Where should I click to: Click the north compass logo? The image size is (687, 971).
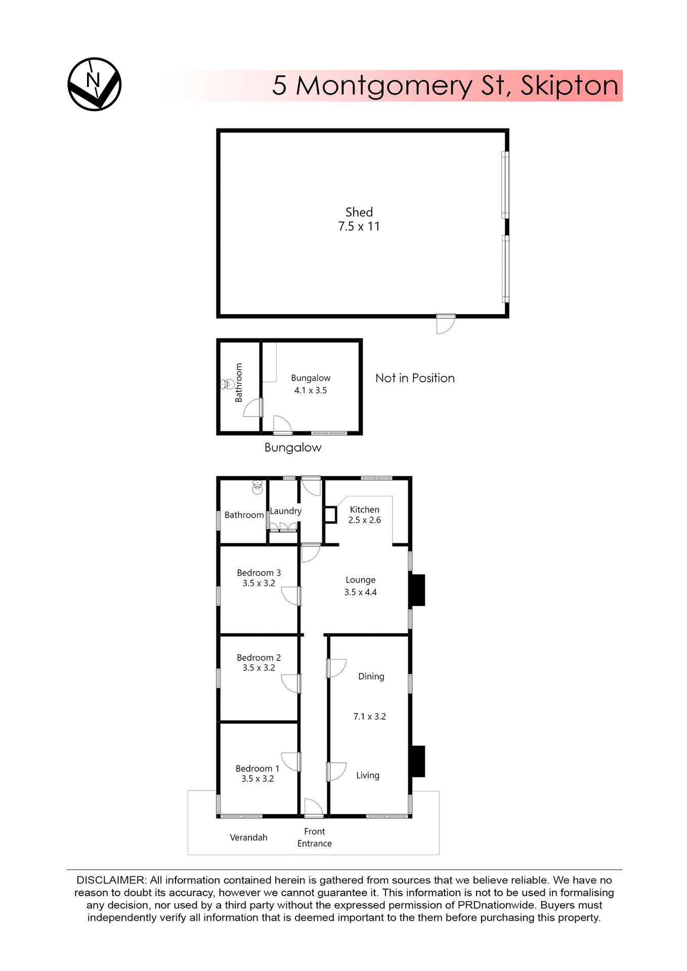click(94, 84)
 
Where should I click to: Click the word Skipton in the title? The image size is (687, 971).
click(569, 85)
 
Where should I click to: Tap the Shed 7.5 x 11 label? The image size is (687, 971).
click(359, 219)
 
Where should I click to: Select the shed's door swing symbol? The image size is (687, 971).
click(445, 325)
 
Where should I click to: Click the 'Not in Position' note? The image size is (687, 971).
click(414, 378)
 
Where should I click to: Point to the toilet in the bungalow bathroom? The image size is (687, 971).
click(227, 384)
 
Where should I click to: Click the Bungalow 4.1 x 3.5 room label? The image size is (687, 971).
click(310, 384)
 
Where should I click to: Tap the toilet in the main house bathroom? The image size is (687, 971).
click(257, 488)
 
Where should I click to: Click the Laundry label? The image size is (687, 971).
click(285, 511)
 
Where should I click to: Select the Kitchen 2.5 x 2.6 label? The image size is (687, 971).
click(364, 515)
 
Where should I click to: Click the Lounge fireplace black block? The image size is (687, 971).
click(417, 590)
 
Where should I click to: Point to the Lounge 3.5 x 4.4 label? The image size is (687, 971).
click(360, 586)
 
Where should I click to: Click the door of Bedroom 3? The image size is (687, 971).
click(291, 596)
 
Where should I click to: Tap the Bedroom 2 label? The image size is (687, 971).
click(259, 657)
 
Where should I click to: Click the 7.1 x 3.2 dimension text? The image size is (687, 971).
click(369, 717)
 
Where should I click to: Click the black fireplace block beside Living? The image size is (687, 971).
click(417, 761)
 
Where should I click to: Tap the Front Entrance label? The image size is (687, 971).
click(314, 837)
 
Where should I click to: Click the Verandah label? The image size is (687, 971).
click(248, 837)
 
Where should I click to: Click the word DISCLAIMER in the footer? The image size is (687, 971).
click(111, 880)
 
